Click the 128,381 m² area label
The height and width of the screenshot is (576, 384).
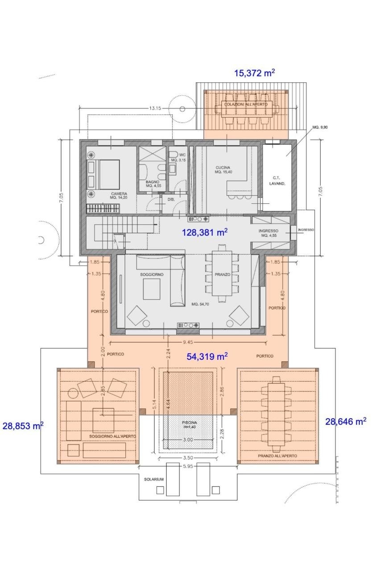click(x=205, y=232)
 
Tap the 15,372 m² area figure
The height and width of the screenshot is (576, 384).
click(x=254, y=73)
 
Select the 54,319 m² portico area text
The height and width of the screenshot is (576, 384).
click(x=207, y=356)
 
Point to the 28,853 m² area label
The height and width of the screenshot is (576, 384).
click(x=23, y=426)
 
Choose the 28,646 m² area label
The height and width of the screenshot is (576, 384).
click(x=346, y=421)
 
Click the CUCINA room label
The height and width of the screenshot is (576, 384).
click(x=223, y=168)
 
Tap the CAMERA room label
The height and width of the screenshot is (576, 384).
click(x=119, y=193)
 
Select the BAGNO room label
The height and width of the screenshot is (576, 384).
click(x=153, y=182)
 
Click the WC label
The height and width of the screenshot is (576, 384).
click(x=182, y=155)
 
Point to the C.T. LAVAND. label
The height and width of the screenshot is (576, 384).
click(x=277, y=181)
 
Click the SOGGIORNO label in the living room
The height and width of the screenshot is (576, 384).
click(x=152, y=275)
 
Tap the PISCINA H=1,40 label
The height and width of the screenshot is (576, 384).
click(x=189, y=424)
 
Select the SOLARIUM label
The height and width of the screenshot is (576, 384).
click(x=153, y=479)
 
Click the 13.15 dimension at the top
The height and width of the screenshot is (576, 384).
click(x=155, y=108)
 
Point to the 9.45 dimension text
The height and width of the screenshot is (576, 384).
click(x=188, y=342)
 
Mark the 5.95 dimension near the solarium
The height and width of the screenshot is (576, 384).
click(x=188, y=466)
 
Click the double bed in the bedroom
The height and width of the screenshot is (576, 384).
click(x=104, y=175)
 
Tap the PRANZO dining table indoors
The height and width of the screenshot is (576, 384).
click(x=222, y=274)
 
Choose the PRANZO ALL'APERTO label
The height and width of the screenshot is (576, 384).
click(x=277, y=456)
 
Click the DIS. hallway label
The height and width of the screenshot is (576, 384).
click(x=171, y=199)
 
